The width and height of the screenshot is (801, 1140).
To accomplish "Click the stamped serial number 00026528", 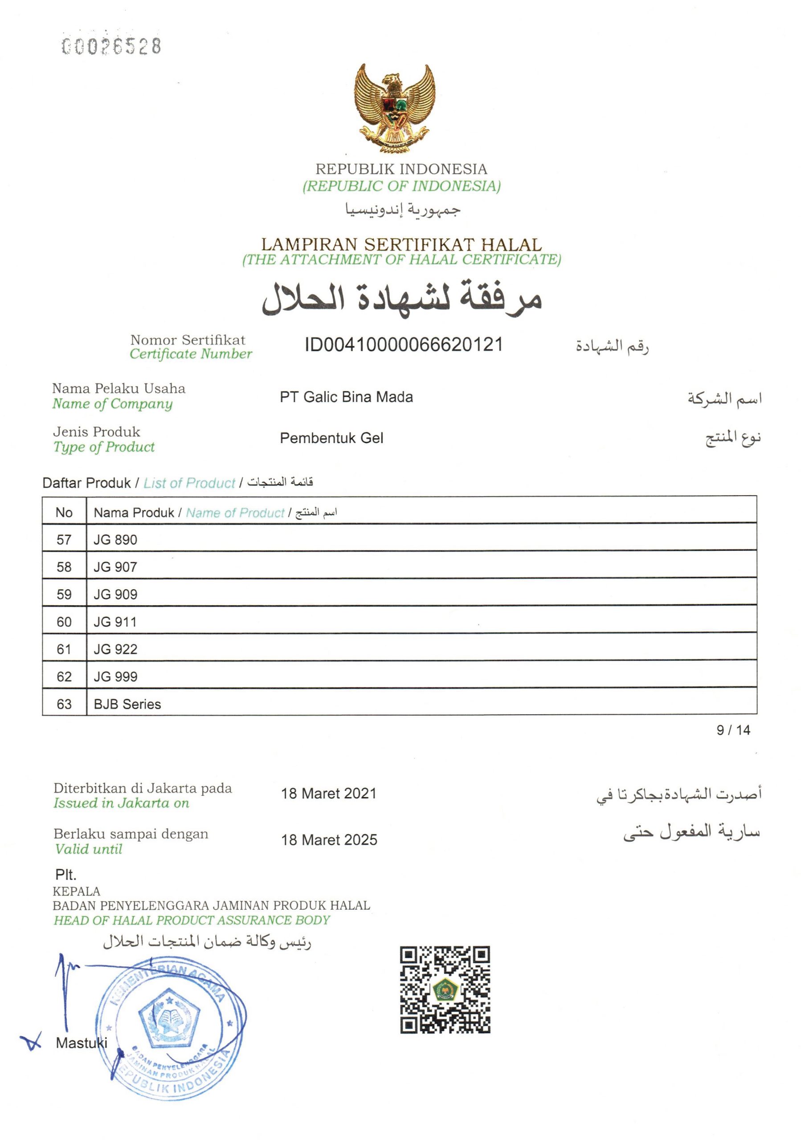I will point(111,46).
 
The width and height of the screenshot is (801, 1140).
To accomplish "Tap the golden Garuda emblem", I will point(395,108).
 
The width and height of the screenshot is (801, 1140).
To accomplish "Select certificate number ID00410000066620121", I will point(404,345).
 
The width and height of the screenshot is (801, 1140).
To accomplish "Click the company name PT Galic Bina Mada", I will point(346,397).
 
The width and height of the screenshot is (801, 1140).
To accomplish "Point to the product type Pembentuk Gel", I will point(331,438).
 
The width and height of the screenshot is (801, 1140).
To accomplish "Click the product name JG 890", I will point(115,540).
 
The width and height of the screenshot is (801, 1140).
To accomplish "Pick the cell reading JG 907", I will point(115,567).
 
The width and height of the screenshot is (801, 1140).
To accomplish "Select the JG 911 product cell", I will point(115,622).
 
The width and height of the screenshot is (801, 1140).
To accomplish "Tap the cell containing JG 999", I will point(115,677).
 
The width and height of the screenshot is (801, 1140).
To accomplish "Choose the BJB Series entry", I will point(127,704).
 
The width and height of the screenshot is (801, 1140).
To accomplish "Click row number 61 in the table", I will point(64,649).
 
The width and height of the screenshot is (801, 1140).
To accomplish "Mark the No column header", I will point(64,513).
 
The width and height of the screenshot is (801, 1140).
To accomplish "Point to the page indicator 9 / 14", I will point(733,730).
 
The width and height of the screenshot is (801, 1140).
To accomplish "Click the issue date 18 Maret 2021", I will point(329,794).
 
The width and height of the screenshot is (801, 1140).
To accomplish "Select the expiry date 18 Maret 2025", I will point(329,839).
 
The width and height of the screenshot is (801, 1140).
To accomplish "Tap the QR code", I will point(445,989).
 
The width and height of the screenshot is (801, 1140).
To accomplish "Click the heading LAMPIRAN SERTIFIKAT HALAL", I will point(401,244).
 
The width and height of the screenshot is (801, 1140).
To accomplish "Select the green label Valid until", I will point(88,849).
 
